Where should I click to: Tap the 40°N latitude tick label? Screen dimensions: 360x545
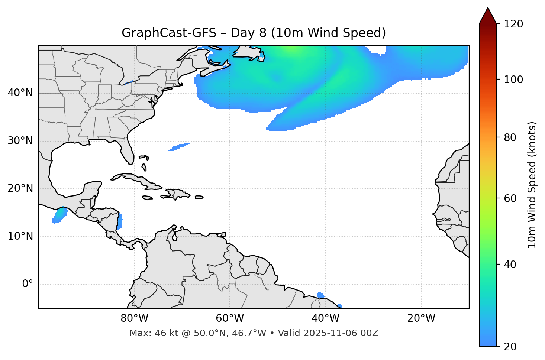[20, 93]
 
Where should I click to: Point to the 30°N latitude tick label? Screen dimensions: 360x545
[20, 141]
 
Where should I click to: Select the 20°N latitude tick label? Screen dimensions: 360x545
[20, 188]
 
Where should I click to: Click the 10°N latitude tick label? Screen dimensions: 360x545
[20, 236]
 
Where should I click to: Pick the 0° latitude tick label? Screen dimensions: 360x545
[27, 284]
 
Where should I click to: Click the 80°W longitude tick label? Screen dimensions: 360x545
[134, 318]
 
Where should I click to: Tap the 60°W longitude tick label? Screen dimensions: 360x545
[230, 318]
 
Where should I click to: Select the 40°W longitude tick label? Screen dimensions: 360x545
[325, 318]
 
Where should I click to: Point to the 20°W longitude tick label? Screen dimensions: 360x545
[421, 318]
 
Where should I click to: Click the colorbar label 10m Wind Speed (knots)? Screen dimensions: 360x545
[532, 185]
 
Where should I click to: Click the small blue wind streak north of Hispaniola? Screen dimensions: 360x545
[179, 147]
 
